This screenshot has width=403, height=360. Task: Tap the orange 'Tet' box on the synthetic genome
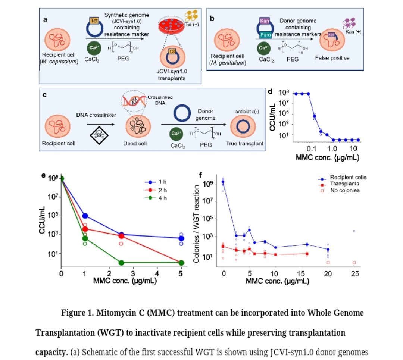click(94, 21)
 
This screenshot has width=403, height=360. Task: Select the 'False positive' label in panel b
click(332, 58)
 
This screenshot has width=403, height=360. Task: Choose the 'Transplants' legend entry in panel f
click(344, 184)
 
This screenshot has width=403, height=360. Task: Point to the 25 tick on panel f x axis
click(354, 273)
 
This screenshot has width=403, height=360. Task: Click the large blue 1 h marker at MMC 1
click(85, 216)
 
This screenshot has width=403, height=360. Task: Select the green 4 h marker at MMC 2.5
click(121, 263)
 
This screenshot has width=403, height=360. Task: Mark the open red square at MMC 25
click(354, 263)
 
